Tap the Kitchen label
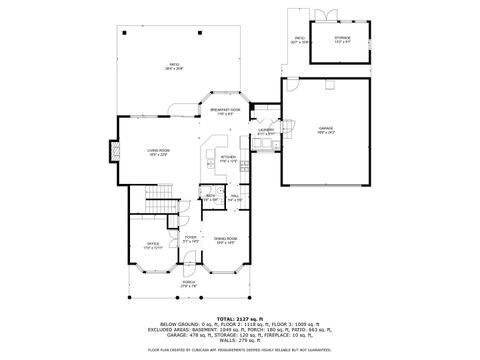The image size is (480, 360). [x=227, y=158]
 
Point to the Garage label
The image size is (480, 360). [x=325, y=129]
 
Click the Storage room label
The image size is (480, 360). [x=342, y=40]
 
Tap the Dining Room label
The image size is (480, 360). [x=225, y=240]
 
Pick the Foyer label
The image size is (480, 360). [x=190, y=240]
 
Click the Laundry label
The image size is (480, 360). [x=265, y=131]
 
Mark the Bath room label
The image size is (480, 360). [x=212, y=197]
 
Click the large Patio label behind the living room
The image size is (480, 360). [x=173, y=66]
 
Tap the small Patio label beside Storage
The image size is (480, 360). [x=297, y=41]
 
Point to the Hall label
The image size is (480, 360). [x=235, y=197]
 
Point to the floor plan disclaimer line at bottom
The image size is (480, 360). [x=240, y=351]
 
